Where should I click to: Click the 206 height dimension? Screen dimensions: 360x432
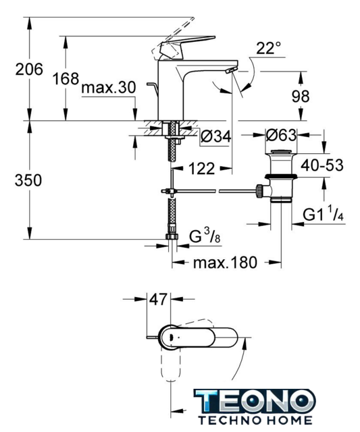point(29,69)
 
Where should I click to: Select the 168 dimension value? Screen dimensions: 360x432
point(66,79)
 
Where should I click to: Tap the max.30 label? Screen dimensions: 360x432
point(109,88)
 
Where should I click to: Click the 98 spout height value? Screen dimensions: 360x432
point(301,97)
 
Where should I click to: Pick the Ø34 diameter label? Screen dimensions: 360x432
point(216,136)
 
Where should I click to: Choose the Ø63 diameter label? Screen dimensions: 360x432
point(282,135)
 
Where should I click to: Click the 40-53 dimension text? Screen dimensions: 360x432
point(322,165)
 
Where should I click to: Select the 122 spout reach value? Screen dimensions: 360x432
point(201,168)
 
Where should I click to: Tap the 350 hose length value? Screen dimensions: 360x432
point(28,180)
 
